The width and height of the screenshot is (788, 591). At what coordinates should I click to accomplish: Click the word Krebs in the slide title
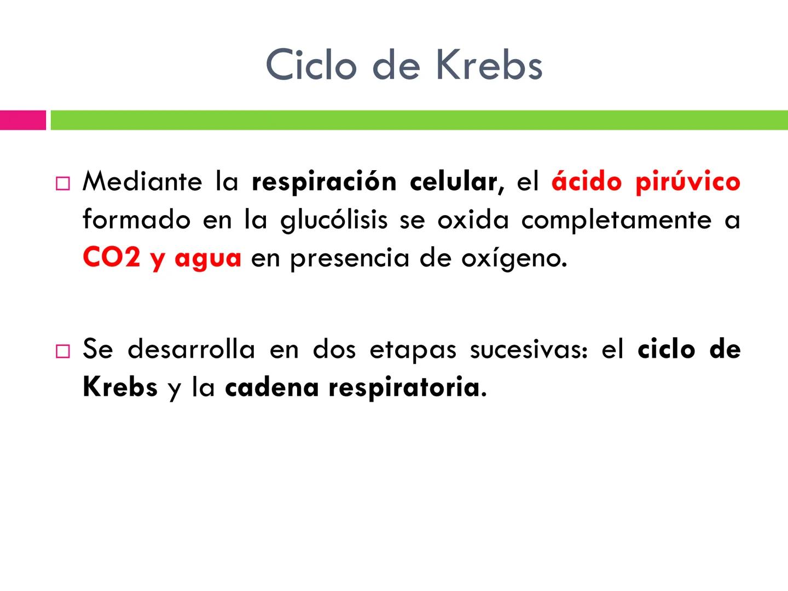(x=489, y=65)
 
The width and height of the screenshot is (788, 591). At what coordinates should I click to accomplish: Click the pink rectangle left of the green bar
(x=23, y=120)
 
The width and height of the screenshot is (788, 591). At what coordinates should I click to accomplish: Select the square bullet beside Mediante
(x=63, y=183)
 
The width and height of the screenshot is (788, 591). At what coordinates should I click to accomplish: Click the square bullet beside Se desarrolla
(x=63, y=351)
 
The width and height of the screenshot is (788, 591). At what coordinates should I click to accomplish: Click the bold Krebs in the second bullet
(x=120, y=387)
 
